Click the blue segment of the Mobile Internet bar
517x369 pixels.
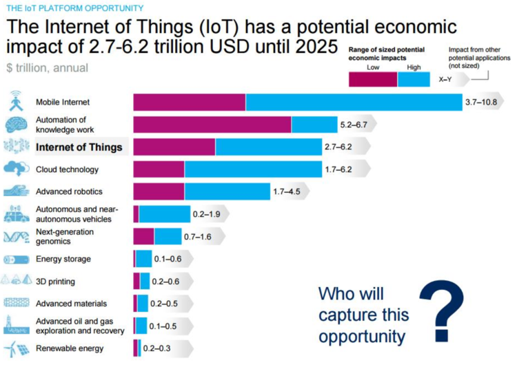[x=354, y=102]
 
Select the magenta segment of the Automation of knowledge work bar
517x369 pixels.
[x=212, y=124]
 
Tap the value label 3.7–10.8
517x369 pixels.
[x=481, y=102]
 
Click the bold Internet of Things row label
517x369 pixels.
[x=79, y=147]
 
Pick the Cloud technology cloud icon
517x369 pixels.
[x=16, y=169]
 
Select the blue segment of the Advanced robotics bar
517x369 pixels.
[x=227, y=191]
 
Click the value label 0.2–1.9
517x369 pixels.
[x=206, y=214]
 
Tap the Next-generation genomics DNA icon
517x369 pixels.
[x=16, y=237]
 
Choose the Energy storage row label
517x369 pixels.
[x=63, y=260]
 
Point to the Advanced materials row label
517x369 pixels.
[x=71, y=304]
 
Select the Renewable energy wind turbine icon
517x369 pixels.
[x=16, y=348]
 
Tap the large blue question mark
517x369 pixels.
[x=440, y=307]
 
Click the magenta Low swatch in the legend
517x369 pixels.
[x=373, y=79]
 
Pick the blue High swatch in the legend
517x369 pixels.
[x=414, y=79]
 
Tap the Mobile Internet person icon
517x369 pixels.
[x=16, y=102]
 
